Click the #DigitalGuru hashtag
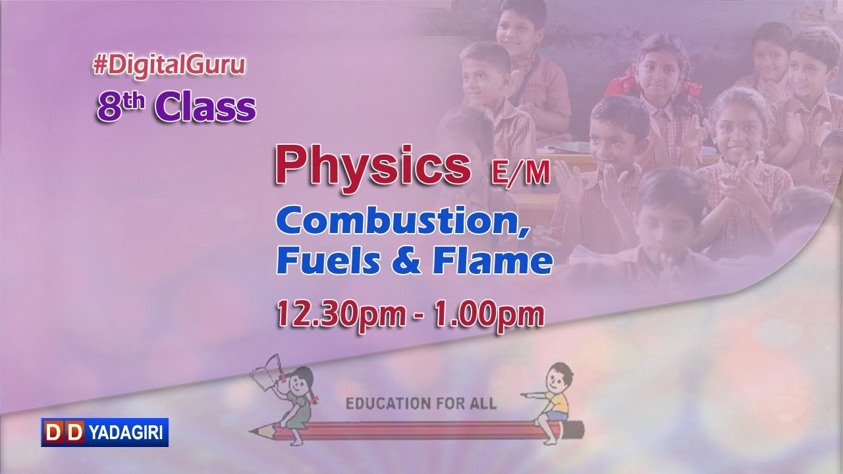169,65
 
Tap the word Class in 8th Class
205,108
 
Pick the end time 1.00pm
489,314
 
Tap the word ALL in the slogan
483,403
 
